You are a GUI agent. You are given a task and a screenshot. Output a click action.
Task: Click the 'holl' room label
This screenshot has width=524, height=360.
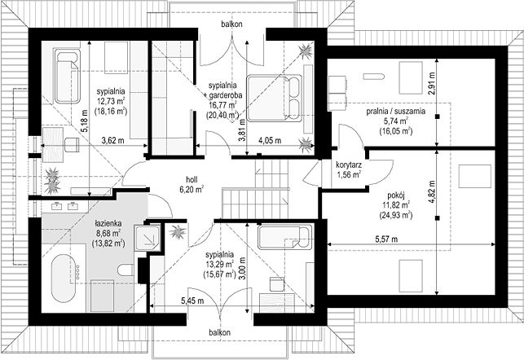pos(192,178)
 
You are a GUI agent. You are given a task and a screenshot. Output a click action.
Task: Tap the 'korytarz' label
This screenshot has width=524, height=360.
pos(348,165)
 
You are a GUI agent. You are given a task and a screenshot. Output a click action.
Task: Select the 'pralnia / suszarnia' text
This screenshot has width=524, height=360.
pos(396,112)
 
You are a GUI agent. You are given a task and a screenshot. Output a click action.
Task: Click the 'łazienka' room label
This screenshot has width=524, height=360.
pos(108,223)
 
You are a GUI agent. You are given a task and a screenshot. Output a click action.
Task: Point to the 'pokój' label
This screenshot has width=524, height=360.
pos(396,195)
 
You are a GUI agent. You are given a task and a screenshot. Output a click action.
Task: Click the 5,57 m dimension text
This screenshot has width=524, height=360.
pos(386,239)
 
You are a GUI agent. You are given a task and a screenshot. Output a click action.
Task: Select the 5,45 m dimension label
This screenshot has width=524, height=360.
pos(192,301)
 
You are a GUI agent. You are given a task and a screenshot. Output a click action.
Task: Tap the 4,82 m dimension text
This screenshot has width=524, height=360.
pos(433,191)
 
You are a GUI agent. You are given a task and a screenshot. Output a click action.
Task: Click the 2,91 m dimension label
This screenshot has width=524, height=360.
pos(433,84)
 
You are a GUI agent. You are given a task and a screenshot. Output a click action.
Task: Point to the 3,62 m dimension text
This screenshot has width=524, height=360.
pos(112,141)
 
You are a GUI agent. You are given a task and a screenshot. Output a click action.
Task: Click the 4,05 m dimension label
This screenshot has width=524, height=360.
pos(270,141)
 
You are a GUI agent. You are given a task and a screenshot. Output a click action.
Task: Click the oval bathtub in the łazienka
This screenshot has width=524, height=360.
pos(64,279)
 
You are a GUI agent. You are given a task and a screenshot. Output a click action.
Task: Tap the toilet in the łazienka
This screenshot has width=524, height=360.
pos(125,270)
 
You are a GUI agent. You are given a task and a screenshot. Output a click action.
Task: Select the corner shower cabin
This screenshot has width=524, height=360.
pos(148,237)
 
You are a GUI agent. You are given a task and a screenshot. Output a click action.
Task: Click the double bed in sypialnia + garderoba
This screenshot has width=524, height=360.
pos(275,98)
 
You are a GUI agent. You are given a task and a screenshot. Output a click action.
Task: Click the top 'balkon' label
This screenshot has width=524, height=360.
pos(231,24)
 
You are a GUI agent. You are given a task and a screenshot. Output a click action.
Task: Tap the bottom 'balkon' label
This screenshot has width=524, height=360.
pos(219,332)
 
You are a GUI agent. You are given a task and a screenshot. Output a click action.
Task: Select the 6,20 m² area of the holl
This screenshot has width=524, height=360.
pos(192,190)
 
